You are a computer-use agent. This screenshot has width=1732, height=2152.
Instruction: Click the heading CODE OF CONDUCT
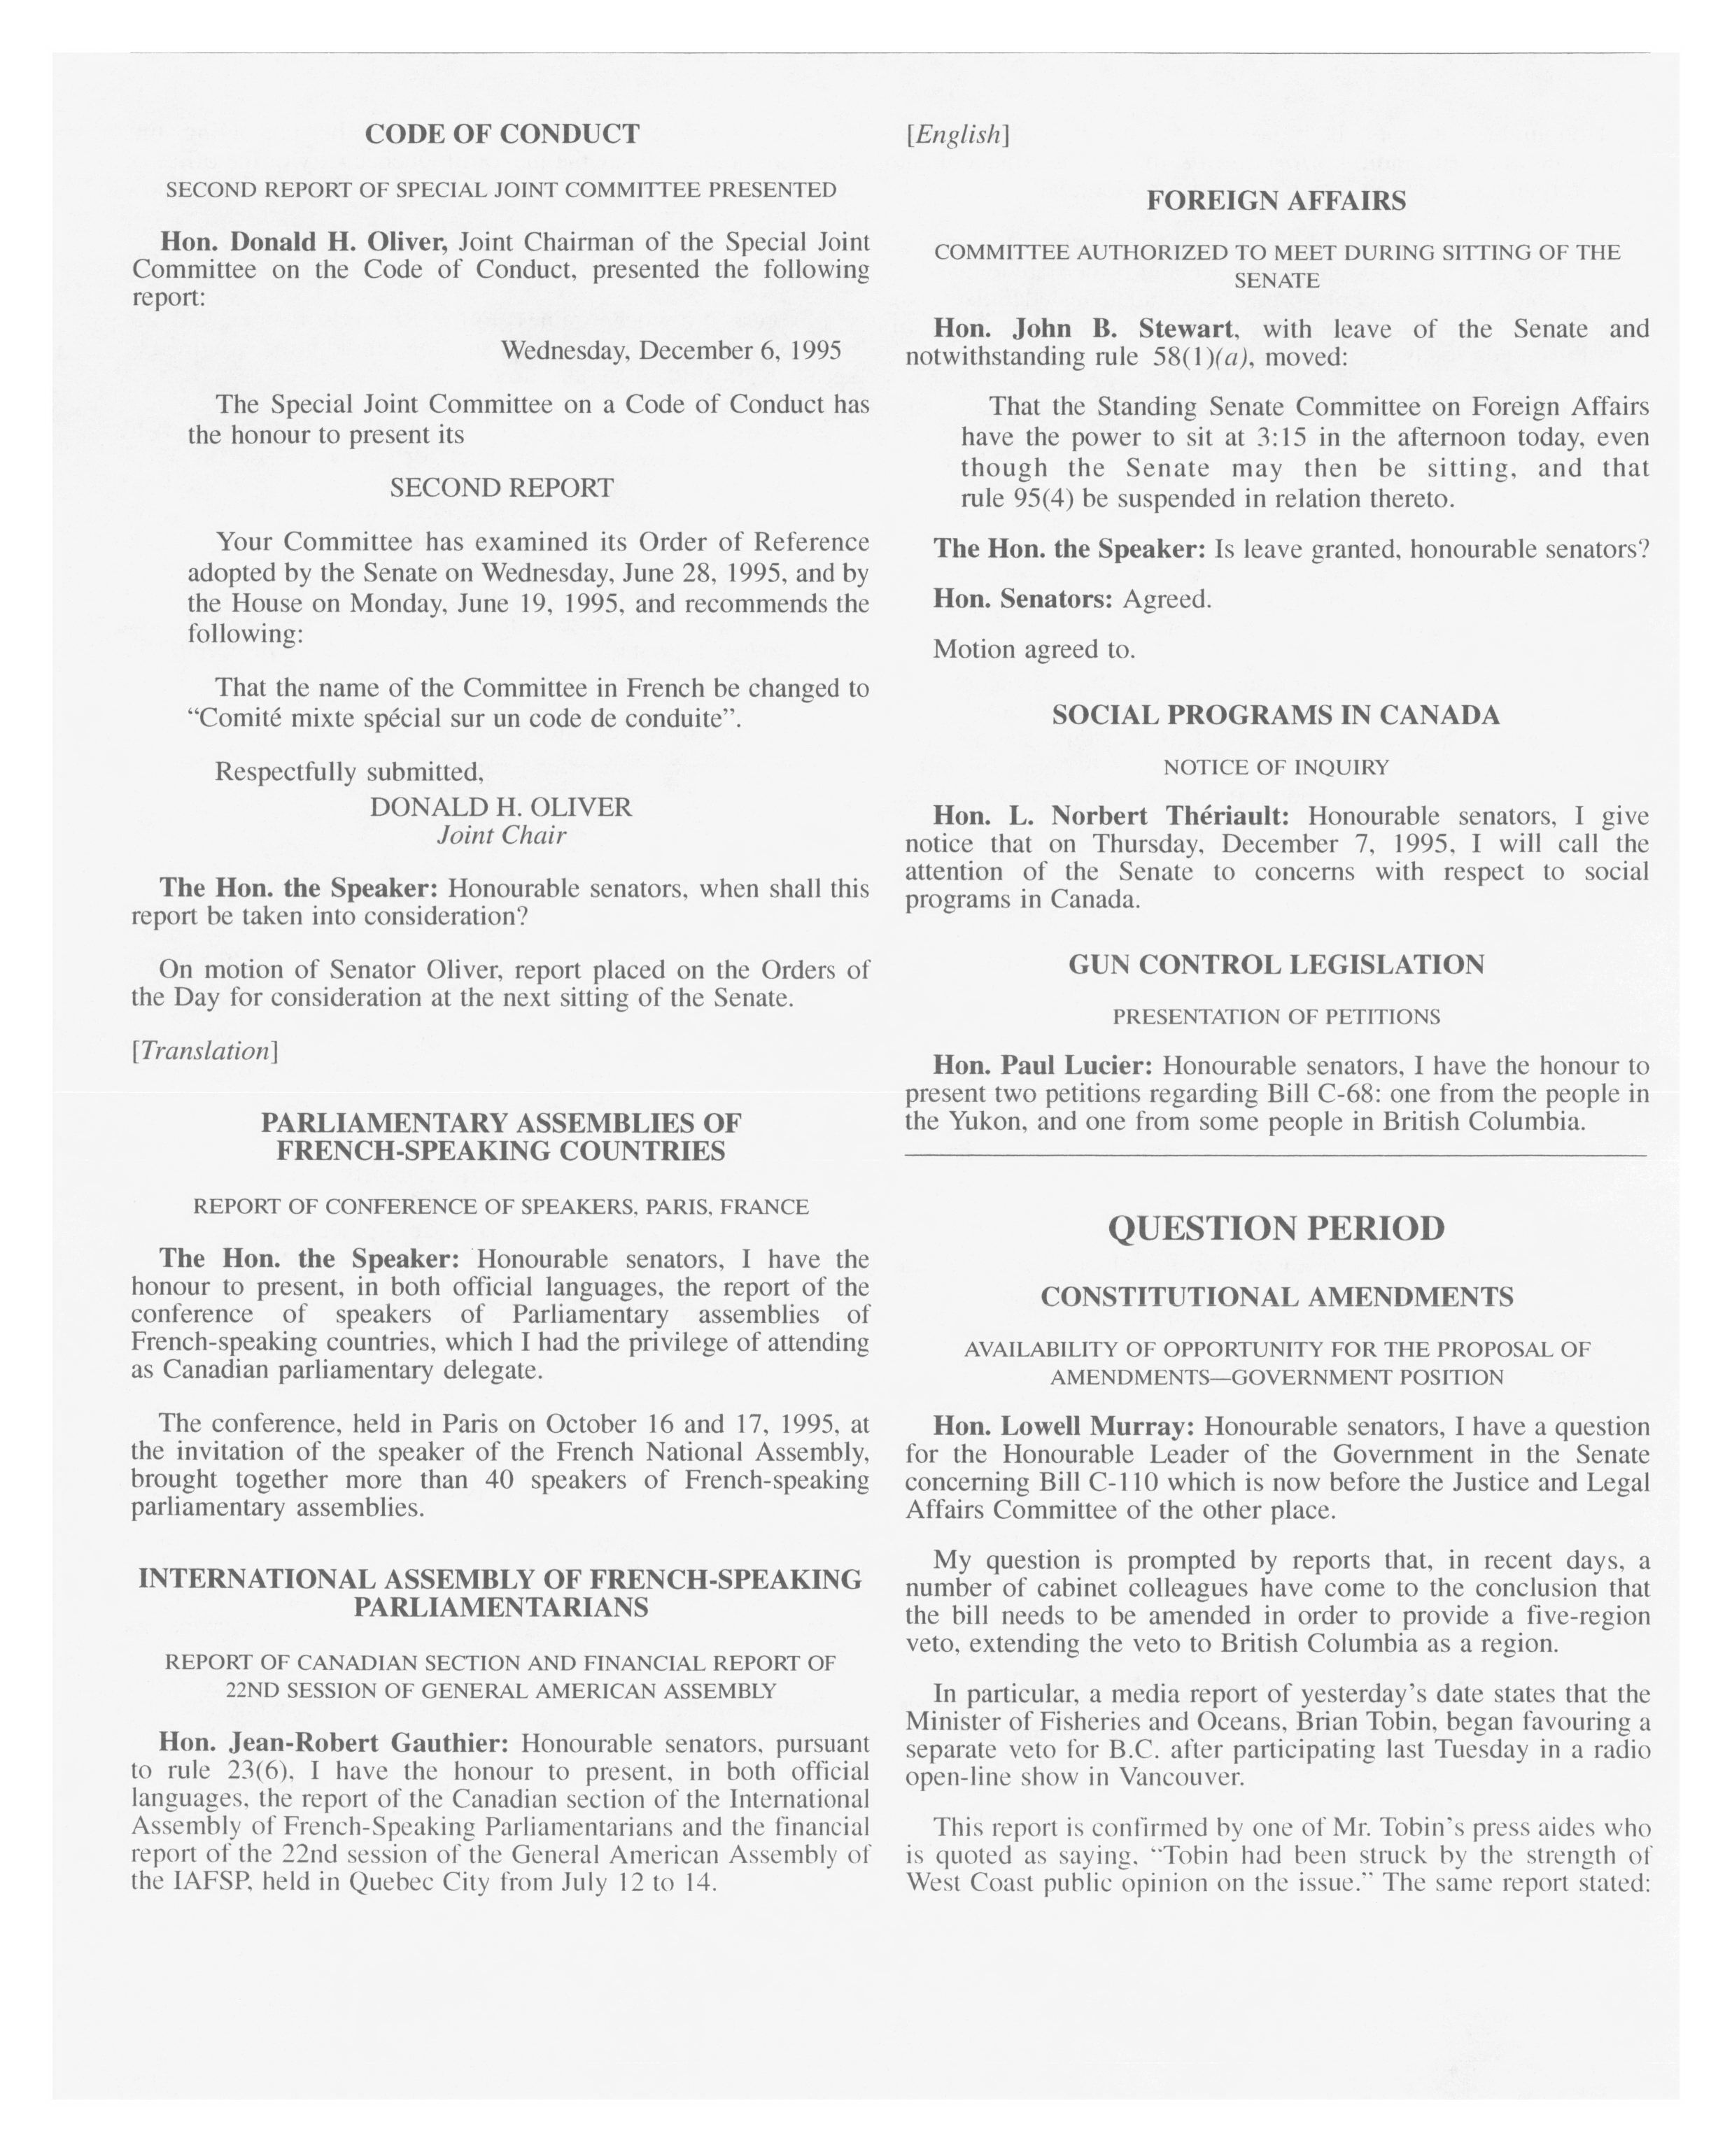501,134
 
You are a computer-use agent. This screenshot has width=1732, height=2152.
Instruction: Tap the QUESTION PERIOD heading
1276,1228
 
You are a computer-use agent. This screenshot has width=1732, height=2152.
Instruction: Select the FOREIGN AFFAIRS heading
1276,201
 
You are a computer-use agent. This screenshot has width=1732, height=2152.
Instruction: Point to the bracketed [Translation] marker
204,1051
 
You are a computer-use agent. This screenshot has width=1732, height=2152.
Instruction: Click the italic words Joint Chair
501,835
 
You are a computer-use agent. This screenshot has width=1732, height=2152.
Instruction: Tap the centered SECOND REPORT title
501,488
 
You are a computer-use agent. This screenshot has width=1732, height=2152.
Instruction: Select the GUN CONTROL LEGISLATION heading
1276,964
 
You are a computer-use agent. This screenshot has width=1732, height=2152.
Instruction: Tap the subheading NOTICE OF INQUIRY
1276,767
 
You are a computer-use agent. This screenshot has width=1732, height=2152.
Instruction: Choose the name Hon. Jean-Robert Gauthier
335,1743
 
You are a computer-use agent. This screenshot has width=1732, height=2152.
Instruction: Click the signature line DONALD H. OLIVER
501,807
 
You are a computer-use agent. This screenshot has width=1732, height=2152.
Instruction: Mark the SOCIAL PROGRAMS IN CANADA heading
1276,716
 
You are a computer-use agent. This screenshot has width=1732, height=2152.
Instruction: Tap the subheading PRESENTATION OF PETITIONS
1276,1017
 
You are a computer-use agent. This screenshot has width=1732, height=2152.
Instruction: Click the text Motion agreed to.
1034,650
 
